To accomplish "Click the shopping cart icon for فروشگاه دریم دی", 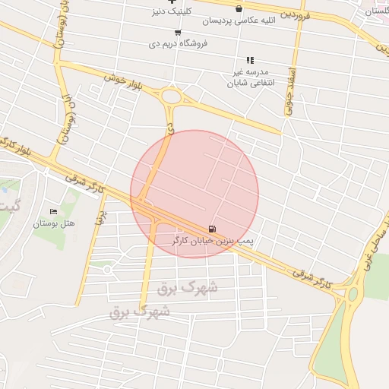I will point(178,33).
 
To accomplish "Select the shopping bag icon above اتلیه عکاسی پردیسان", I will point(239,9).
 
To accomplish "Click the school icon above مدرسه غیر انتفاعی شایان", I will point(249,60).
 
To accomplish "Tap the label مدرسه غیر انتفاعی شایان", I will point(250,77).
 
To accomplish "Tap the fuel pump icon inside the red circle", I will point(211,229).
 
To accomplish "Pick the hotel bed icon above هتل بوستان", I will point(52,212).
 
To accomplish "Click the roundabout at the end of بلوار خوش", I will point(171,97).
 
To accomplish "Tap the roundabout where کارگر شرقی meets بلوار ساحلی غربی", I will point(352,294).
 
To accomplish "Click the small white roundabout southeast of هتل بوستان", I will point(107,269).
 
